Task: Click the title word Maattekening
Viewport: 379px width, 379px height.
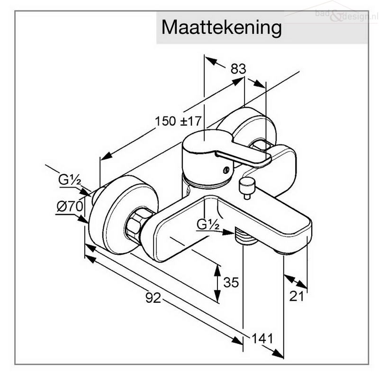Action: (221, 28)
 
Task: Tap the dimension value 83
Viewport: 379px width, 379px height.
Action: (238, 69)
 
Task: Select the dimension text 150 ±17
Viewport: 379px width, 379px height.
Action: (178, 121)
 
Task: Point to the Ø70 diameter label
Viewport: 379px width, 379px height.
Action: (70, 207)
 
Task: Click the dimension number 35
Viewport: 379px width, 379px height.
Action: (231, 282)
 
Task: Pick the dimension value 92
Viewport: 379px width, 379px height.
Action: (153, 298)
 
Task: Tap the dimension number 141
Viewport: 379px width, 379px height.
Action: (262, 338)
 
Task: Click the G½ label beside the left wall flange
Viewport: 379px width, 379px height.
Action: (70, 180)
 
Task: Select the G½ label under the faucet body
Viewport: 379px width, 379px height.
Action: (208, 224)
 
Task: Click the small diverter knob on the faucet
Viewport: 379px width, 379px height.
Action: (247, 188)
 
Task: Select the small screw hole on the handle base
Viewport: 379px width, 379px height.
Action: (226, 170)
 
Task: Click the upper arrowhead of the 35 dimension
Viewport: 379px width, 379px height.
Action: (217, 271)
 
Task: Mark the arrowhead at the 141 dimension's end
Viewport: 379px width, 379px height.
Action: (278, 354)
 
